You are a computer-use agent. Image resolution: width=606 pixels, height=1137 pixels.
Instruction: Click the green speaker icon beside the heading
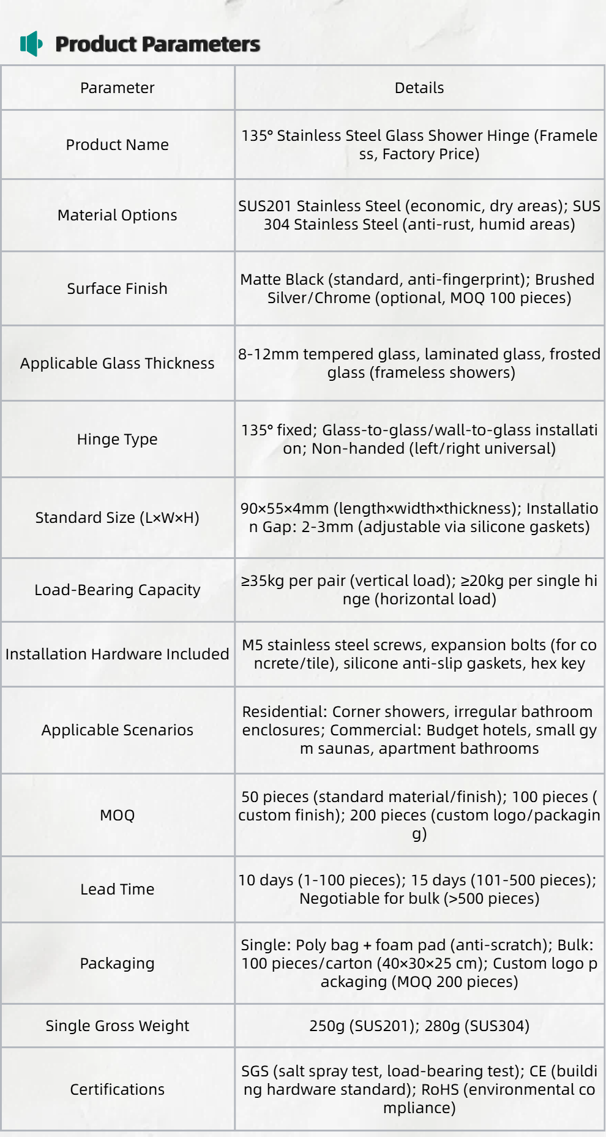pos(31,44)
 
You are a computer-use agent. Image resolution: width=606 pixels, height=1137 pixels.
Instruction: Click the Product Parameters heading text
pos(157,44)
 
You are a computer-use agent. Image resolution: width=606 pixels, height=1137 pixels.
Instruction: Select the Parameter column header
pos(117,88)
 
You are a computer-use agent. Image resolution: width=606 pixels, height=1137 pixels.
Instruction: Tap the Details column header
pos(419,88)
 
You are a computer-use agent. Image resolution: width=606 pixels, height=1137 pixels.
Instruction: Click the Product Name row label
pos(117,144)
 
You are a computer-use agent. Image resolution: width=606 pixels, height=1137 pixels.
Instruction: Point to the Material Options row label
pos(117,215)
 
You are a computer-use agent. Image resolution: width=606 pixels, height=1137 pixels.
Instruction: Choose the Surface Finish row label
pos(117,288)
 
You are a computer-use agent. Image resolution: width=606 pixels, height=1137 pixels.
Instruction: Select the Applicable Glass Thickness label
pos(117,363)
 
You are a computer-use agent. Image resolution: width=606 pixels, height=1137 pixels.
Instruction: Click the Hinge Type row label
pos(117,439)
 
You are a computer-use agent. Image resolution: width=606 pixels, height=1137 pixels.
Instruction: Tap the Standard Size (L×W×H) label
pos(117,517)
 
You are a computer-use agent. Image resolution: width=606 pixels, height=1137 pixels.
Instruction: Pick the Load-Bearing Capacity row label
pos(117,590)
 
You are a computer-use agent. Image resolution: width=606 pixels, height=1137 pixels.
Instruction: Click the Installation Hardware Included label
pos(117,654)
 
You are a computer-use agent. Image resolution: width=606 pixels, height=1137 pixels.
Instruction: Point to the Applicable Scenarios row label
pos(117,730)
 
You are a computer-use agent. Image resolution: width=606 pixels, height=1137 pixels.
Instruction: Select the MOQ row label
pos(117,815)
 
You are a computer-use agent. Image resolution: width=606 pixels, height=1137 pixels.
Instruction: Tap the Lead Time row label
pos(117,889)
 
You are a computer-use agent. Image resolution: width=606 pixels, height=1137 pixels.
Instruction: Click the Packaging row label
pos(117,963)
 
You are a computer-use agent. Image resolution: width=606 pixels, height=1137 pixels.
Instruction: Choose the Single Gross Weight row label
pos(117,1026)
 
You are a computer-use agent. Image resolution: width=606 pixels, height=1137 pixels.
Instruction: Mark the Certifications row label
pos(117,1089)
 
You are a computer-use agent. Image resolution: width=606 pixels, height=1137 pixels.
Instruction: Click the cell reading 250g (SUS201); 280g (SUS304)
pos(419,1026)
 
